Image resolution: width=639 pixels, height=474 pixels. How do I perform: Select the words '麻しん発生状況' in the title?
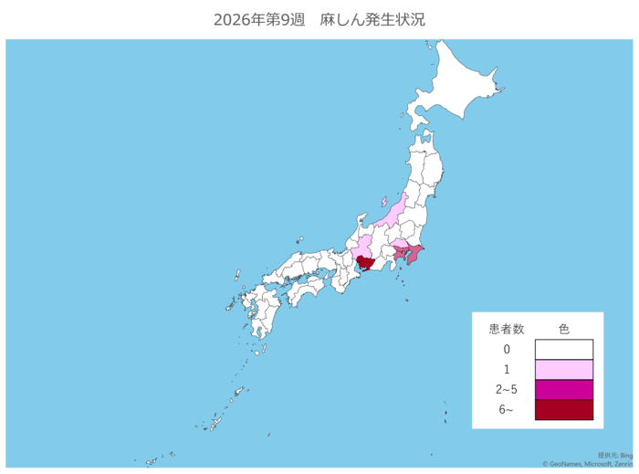pos(372,19)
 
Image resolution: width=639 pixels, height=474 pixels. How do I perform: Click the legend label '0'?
pos(506,350)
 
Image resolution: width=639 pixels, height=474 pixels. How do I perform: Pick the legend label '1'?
pos(506,370)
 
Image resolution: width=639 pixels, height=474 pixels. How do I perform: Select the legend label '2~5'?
pos(506,390)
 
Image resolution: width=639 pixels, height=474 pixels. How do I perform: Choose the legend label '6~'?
pos(506,410)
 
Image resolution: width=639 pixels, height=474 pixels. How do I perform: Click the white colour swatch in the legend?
pos(563,350)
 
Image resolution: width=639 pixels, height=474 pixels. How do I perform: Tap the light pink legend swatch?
pos(563,370)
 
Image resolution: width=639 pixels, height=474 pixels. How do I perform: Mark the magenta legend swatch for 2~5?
pos(563,390)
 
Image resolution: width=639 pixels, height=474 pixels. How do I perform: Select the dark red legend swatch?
pos(563,410)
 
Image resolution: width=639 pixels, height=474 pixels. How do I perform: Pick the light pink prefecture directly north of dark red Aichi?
pos(363,247)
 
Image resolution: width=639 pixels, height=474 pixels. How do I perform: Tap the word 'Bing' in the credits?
pos(627,455)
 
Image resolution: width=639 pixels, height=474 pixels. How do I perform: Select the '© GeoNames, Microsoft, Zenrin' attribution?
pos(589,464)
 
